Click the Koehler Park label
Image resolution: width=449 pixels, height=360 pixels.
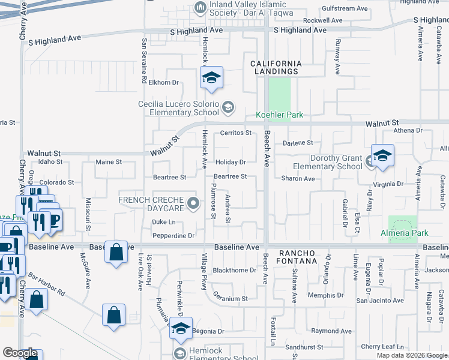pos(279,115)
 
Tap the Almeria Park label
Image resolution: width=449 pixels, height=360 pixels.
pos(405,233)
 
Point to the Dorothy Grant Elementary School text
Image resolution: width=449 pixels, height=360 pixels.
pos(328,163)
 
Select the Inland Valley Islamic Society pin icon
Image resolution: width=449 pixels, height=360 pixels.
pos(200,8)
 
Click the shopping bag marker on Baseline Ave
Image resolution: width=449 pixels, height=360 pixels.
pos(116,252)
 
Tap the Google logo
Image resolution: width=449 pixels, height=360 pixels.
pos(20,353)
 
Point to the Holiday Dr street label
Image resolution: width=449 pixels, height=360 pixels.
pos(231,162)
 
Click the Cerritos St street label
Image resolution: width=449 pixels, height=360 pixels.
pos(235,133)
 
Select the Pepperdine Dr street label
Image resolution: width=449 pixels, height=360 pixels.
pos(173,236)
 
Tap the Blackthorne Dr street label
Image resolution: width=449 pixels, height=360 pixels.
pos(235,271)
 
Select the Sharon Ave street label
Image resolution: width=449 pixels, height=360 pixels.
pos(298,179)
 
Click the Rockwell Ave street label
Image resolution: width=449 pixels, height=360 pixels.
pos(322,20)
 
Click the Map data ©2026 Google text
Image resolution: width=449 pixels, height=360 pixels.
pos(411,355)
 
